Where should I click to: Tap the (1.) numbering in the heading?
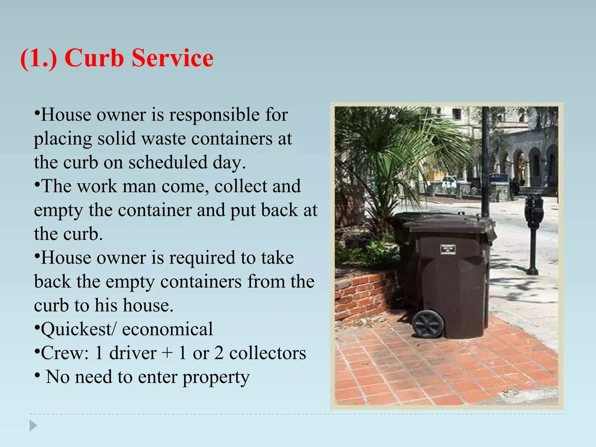tap(38, 58)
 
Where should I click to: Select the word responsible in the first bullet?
tap(214, 114)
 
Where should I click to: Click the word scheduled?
tap(168, 162)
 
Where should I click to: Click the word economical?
tap(167, 329)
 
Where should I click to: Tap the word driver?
tap(133, 353)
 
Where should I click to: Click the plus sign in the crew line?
tap(167, 354)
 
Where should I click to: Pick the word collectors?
tap(267, 353)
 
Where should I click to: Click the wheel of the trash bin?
tap(428, 324)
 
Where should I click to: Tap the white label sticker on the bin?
tap(448, 249)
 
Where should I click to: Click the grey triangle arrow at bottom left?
tap(33, 425)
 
